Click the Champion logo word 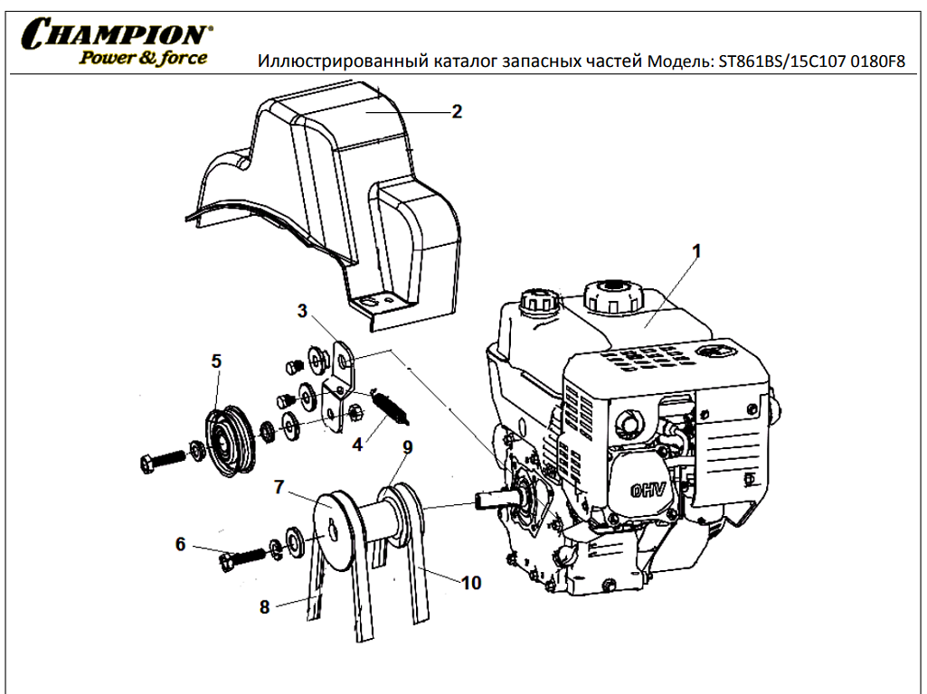116,33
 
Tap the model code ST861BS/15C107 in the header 781,61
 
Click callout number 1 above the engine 696,251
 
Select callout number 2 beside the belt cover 457,112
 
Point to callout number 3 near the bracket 303,311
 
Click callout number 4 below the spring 357,445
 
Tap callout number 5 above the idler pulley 216,361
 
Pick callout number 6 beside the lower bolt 180,544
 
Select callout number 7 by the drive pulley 407,447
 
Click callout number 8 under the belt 471,583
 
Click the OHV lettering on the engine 648,491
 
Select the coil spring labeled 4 390,407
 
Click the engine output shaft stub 493,501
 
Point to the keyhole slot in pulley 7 334,530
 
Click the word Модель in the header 680,61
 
